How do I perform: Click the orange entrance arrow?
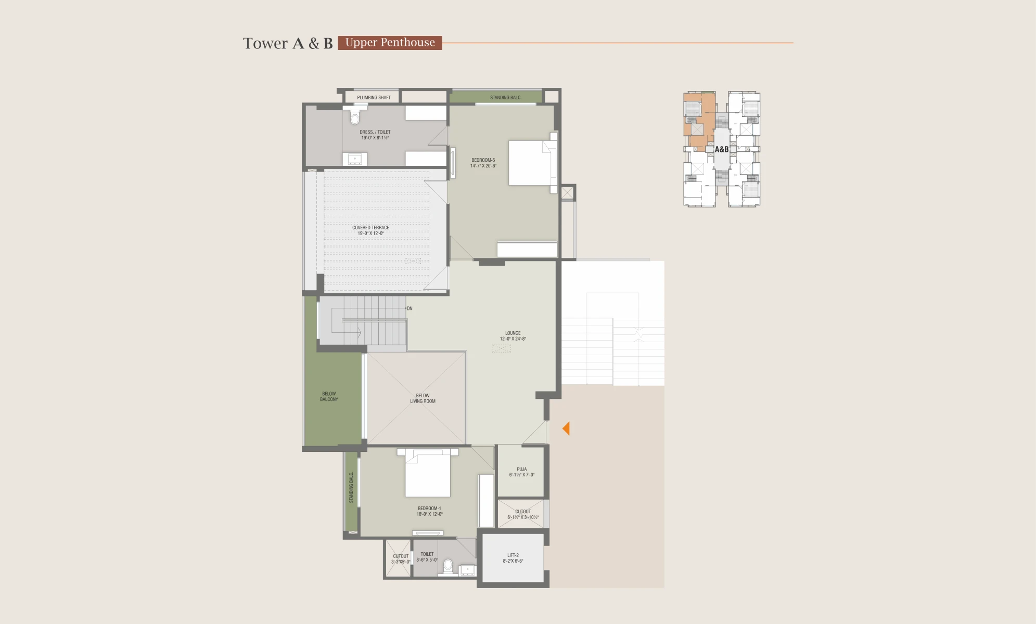point(566,428)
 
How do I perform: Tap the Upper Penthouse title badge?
point(390,43)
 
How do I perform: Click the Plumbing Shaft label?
point(374,98)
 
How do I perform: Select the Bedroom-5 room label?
point(483,163)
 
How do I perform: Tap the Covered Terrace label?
point(370,230)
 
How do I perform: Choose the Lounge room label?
point(513,336)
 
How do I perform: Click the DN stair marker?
point(410,308)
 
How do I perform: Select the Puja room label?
point(522,472)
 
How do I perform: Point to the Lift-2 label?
point(513,558)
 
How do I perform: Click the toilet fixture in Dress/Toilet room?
point(355,116)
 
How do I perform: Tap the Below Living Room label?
point(423,398)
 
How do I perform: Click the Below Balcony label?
point(329,397)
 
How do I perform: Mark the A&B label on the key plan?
point(722,149)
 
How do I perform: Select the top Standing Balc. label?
point(506,98)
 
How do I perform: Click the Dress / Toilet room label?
point(375,135)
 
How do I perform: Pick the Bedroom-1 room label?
point(429,511)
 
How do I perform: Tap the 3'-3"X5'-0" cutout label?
point(401,559)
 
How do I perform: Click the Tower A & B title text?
point(288,43)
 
